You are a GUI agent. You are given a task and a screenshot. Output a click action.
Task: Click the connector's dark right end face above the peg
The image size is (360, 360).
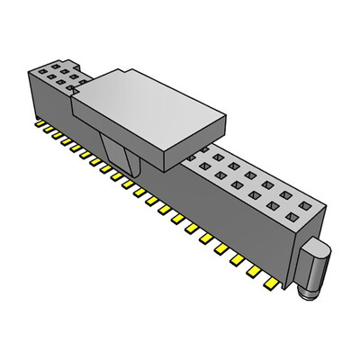click(314, 229)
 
